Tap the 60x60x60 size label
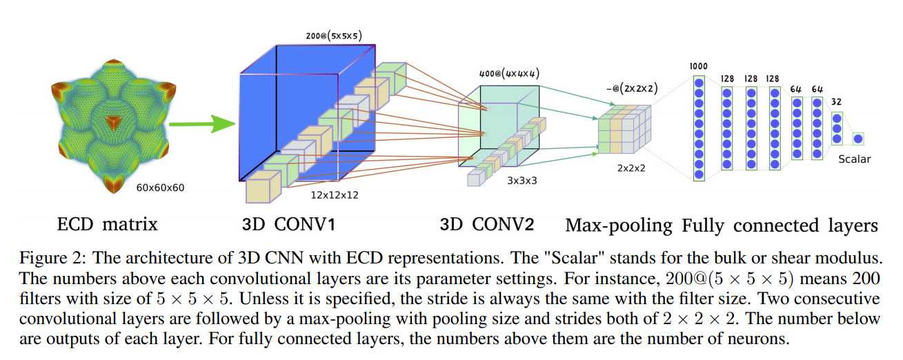160,187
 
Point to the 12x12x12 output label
335,195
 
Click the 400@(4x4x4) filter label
509,72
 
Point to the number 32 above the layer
835,101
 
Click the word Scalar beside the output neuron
855,159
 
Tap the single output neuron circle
858,139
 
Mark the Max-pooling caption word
618,225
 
